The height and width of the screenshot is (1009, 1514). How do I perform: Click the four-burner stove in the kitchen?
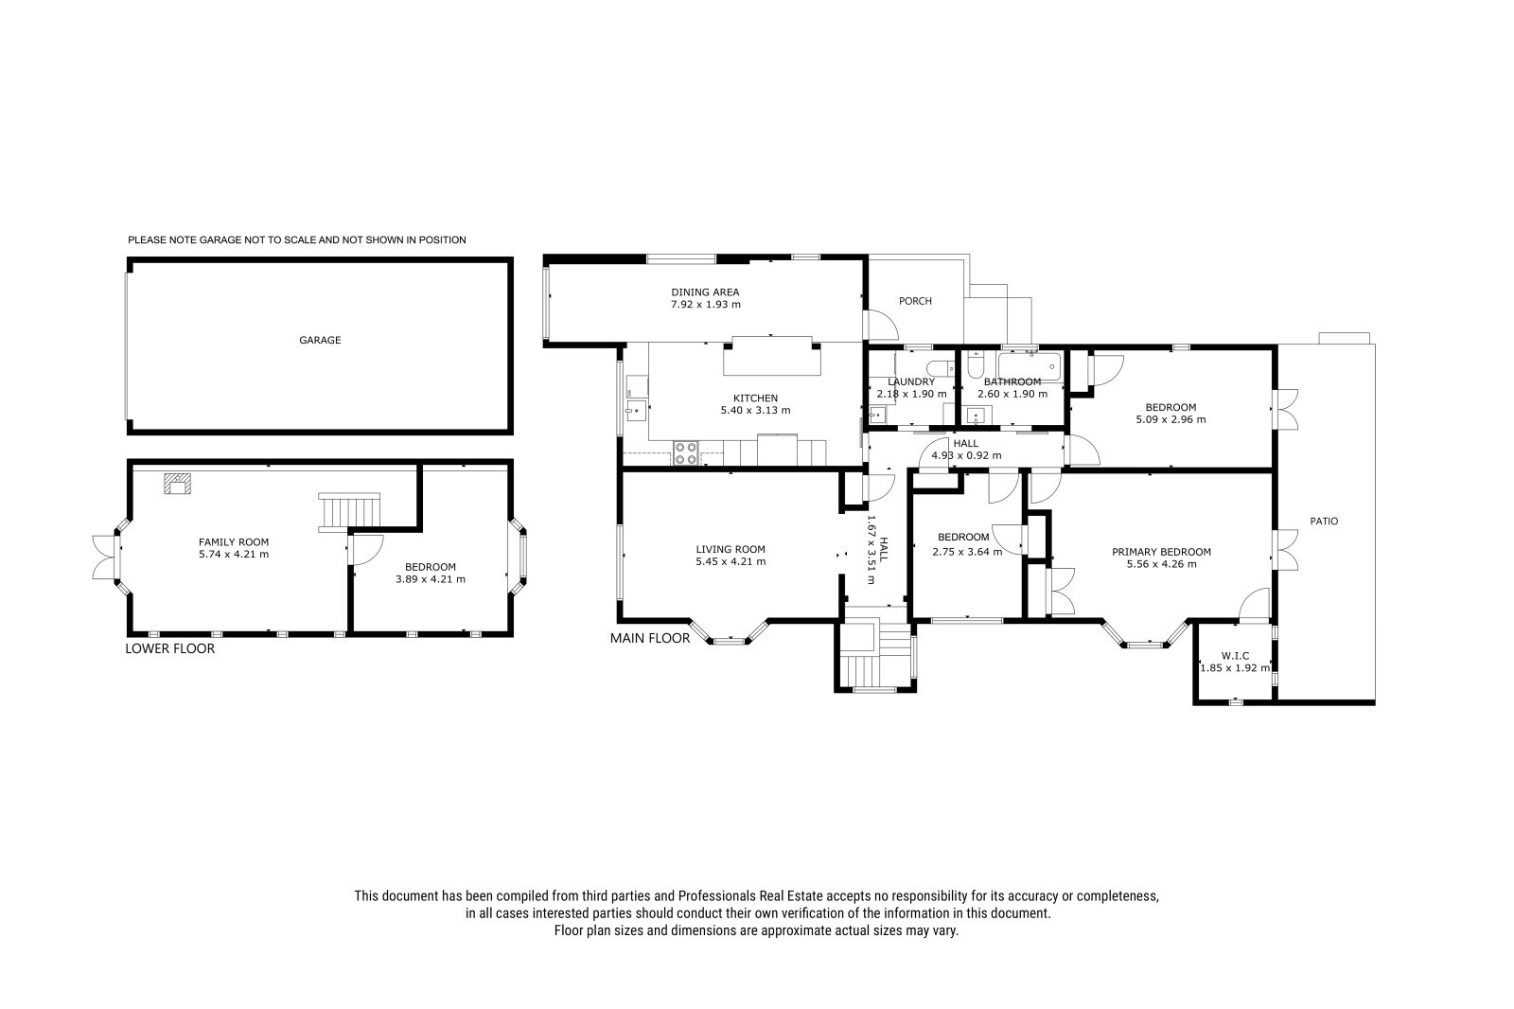click(686, 453)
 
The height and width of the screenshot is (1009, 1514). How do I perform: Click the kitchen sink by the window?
click(635, 410)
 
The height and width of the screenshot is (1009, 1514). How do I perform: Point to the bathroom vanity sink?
click(977, 416)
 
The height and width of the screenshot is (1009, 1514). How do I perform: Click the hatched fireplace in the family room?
click(178, 484)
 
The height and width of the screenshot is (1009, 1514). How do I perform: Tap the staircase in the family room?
click(349, 512)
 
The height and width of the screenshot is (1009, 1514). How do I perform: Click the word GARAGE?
click(321, 340)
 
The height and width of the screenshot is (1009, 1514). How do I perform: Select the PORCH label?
click(915, 301)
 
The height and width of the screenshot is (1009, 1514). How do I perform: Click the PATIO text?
click(1324, 522)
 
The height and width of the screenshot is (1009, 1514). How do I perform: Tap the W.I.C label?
click(1235, 655)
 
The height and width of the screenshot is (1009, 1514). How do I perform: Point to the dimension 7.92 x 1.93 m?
click(706, 305)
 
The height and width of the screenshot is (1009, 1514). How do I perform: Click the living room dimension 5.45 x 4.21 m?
click(731, 561)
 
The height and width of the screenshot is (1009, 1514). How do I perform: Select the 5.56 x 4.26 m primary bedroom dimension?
click(1162, 564)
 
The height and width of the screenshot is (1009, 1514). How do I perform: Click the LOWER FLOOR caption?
click(170, 648)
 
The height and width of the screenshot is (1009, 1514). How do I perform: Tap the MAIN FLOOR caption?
click(650, 638)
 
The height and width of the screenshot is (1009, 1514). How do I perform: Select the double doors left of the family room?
click(105, 558)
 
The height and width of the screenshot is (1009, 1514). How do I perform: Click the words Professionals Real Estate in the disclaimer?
click(750, 896)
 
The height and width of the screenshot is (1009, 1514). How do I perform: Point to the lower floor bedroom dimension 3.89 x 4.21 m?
click(431, 579)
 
